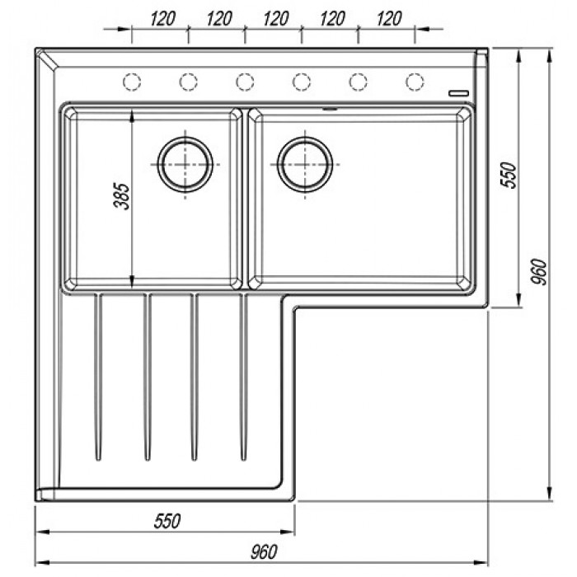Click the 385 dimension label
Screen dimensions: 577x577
coord(122,196)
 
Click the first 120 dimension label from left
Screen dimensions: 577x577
coord(162,19)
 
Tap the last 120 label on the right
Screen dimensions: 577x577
coord(389,19)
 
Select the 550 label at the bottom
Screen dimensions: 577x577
coord(167,521)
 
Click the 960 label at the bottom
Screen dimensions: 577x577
coord(264,552)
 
